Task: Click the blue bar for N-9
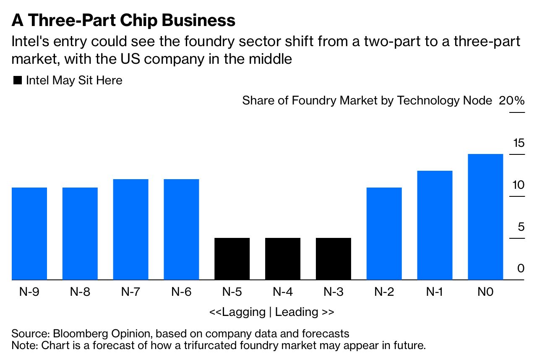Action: [29, 233]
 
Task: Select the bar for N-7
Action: [130, 229]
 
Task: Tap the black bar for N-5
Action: [232, 258]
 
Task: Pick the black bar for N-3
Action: [334, 258]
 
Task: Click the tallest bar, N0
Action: [485, 217]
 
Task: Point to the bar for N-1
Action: [435, 225]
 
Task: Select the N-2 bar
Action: [384, 233]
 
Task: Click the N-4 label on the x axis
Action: [283, 292]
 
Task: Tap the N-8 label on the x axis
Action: [80, 292]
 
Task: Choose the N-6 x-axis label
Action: [181, 292]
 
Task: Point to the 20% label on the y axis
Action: [511, 101]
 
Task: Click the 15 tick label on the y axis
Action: [519, 143]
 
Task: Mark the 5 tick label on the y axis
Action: [521, 227]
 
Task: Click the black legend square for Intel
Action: [18, 81]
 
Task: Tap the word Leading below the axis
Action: [297, 312]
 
